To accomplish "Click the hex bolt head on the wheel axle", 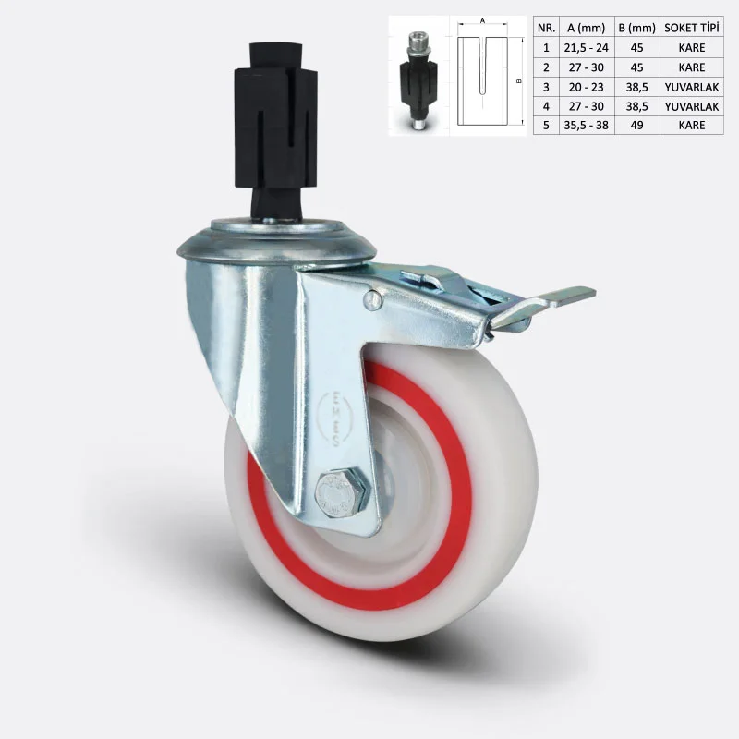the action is [x=342, y=494].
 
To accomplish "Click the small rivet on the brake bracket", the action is [x=373, y=299].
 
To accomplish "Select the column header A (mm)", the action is [x=587, y=29].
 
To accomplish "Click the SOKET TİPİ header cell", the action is [x=692, y=28].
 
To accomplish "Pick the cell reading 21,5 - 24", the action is [x=587, y=48].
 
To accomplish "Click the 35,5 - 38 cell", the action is [x=587, y=126].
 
